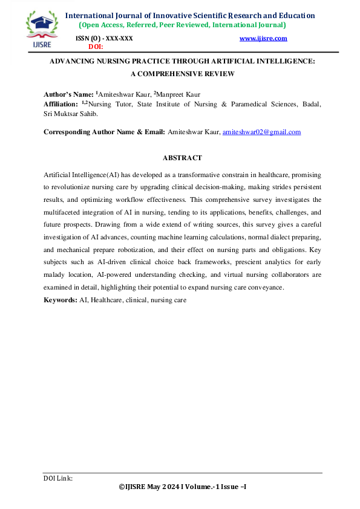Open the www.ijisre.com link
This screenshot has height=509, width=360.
click(x=263, y=39)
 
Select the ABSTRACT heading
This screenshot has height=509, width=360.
click(x=182, y=158)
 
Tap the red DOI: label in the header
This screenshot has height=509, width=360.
click(x=96, y=46)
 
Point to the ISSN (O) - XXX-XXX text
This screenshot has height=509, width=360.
click(x=103, y=39)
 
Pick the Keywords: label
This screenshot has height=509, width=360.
click(x=61, y=300)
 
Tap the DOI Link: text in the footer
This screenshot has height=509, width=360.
click(x=58, y=478)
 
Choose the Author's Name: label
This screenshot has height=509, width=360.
click(x=69, y=95)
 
